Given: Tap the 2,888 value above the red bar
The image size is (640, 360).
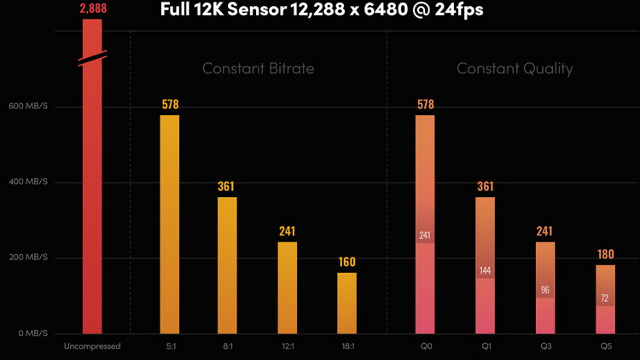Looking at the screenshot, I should [92, 8].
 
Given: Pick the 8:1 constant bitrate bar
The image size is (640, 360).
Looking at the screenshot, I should [227, 264].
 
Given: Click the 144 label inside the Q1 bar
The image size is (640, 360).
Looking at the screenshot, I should [485, 270].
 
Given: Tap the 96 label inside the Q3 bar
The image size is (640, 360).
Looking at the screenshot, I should [545, 290].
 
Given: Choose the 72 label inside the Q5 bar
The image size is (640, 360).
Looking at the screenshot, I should [605, 299].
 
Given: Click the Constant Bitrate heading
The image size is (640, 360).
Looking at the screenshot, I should [258, 68].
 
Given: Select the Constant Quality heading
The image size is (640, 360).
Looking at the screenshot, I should [515, 68].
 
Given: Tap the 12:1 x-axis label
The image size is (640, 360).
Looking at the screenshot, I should [288, 346].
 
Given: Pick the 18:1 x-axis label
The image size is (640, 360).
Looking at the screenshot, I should [346, 346].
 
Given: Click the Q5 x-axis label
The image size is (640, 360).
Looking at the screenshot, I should [605, 346].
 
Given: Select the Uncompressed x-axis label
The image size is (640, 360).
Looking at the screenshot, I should [92, 346].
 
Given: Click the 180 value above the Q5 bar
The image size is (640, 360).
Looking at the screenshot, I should [605, 254].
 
